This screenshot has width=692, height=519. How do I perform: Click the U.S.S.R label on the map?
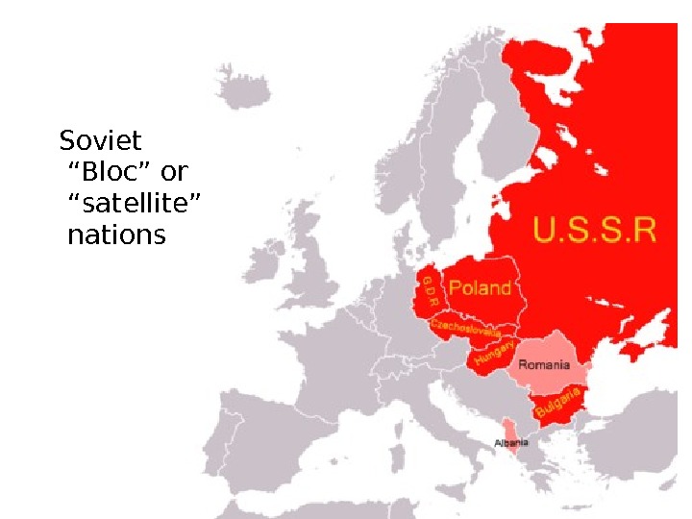pyautogui.click(x=595, y=233)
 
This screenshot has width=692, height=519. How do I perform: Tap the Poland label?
pyautogui.click(x=481, y=287)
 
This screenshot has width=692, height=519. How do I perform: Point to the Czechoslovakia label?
pyautogui.click(x=465, y=329)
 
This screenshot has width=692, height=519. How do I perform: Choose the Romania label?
pyautogui.click(x=545, y=365)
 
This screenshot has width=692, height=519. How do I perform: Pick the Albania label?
pyautogui.click(x=511, y=443)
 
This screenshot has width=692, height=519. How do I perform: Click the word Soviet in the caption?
pyautogui.click(x=100, y=142)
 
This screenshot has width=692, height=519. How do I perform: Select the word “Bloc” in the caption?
pyautogui.click(x=113, y=173)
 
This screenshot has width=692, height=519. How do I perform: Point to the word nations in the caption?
pyautogui.click(x=116, y=235)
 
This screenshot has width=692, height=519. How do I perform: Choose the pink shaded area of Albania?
pyautogui.click(x=509, y=431)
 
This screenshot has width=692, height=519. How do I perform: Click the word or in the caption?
pyautogui.click(x=174, y=173)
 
